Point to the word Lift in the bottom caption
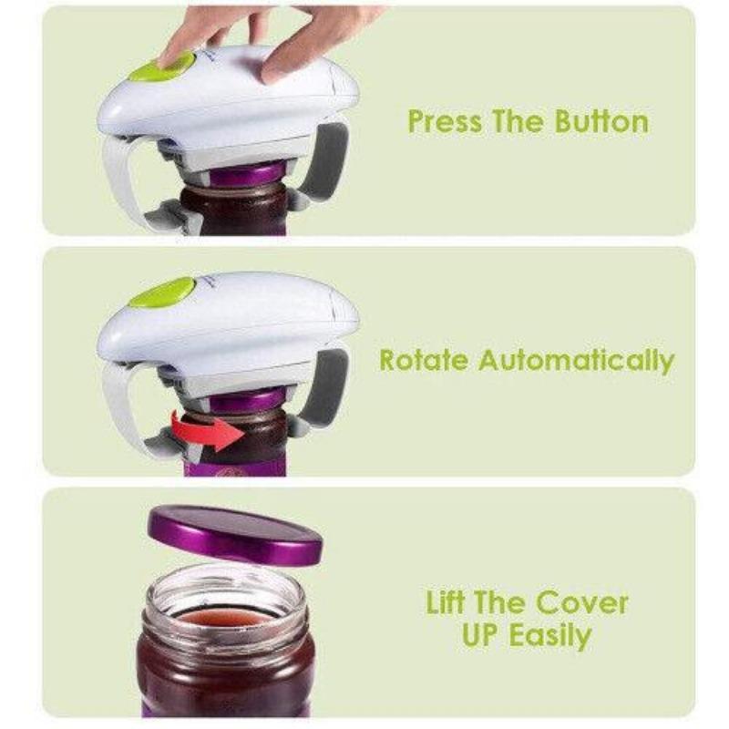[x=449, y=602]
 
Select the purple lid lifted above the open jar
[x=235, y=533]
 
